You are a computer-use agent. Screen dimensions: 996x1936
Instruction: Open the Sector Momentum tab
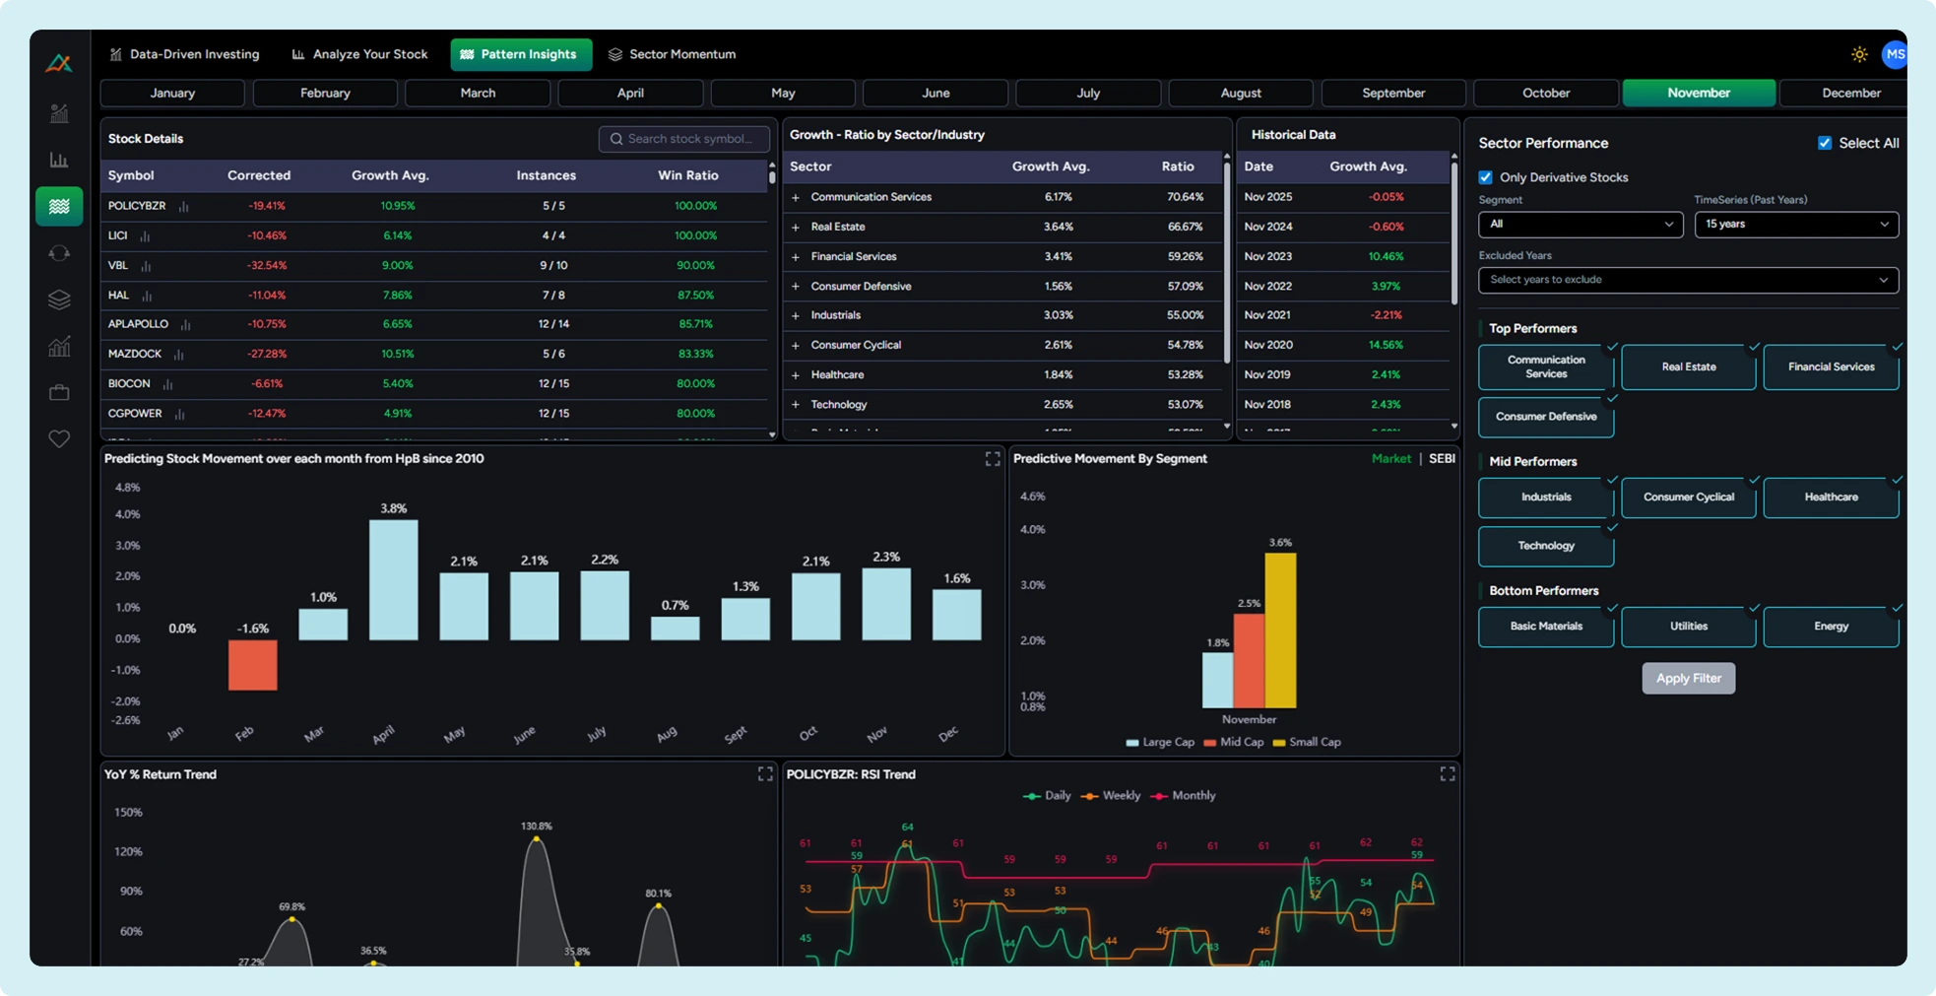point(672,54)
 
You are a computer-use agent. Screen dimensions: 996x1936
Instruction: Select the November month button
point(1699,93)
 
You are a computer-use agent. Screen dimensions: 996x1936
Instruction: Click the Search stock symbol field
point(685,139)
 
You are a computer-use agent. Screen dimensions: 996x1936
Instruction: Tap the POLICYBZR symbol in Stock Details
point(137,206)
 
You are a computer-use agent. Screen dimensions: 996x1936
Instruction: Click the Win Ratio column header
point(687,175)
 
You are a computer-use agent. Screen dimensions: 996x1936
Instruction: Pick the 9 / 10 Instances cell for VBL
point(553,265)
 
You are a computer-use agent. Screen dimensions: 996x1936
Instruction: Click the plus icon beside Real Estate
point(796,228)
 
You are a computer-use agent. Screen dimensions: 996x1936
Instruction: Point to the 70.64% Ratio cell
point(1185,197)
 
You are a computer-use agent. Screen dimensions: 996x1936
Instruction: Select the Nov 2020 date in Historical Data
point(1267,345)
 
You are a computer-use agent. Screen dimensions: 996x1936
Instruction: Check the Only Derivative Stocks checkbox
point(1485,177)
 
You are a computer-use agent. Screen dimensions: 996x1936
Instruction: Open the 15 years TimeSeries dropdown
point(1796,225)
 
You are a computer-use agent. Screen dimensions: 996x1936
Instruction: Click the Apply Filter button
point(1688,678)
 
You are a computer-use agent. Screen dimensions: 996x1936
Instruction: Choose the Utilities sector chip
point(1688,627)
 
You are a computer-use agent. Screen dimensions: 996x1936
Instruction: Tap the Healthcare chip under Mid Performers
point(1831,498)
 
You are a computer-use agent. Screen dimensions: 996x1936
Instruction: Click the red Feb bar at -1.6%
point(252,665)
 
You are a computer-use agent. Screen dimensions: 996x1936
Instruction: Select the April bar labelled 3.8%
point(393,580)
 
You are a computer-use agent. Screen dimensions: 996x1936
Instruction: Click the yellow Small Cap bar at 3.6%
point(1280,631)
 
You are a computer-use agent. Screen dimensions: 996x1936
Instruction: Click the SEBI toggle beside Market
point(1442,459)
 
